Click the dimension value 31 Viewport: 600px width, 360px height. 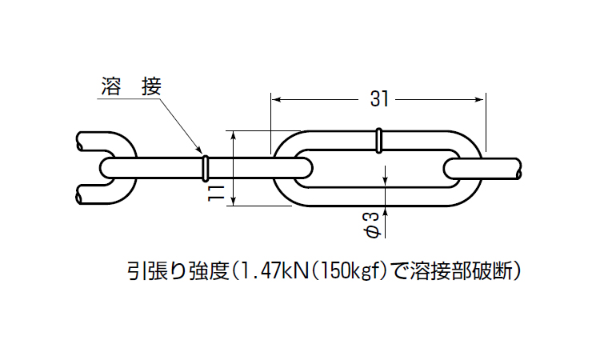(379, 99)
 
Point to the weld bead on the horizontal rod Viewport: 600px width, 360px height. (206, 167)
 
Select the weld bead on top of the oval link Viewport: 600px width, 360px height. (378, 140)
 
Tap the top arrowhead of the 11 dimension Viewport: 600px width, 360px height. (234, 135)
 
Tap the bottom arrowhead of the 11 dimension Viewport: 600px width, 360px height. (234, 201)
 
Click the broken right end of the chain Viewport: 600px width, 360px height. (521, 169)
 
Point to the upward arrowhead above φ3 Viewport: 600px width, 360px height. (386, 210)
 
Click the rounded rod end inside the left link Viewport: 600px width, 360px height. (107, 167)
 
